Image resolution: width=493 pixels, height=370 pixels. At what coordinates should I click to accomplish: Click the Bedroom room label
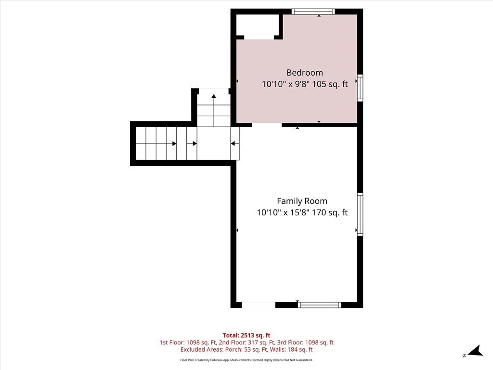point(304,73)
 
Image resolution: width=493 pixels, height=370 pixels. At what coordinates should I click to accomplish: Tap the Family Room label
point(302,201)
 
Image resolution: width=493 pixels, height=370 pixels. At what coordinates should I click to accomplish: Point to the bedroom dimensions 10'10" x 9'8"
point(286,84)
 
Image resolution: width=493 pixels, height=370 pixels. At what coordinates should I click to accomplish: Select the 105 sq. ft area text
point(330,84)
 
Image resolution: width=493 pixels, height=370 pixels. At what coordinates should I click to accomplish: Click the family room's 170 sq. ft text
point(329,212)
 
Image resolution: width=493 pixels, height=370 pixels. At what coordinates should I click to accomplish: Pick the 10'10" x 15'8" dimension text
point(283,212)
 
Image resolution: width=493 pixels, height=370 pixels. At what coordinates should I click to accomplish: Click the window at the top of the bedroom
point(313,12)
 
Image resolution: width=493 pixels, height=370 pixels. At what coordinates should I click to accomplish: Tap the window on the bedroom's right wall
point(360,88)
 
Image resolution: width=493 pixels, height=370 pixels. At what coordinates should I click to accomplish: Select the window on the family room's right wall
point(360,214)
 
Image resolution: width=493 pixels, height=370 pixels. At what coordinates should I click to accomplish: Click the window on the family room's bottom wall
point(320,304)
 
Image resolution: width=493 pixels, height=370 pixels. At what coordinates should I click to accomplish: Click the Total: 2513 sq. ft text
point(246,335)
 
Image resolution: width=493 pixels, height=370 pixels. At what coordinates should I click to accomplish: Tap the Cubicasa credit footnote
point(246,360)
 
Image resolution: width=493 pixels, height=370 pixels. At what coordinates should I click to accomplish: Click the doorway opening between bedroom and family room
point(267,125)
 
